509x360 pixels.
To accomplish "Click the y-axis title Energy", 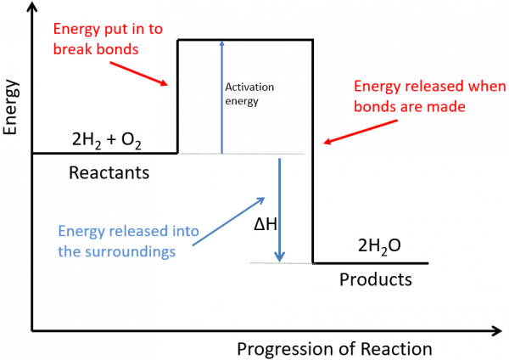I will [x=12, y=110].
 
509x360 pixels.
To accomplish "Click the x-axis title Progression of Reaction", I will [x=334, y=349].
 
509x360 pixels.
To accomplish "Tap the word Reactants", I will [x=109, y=173].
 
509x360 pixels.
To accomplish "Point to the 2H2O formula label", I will [x=379, y=247].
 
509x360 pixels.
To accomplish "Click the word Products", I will [x=375, y=279].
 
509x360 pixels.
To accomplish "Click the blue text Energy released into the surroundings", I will [x=118, y=240].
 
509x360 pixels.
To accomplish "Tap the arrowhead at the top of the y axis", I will [x=32, y=9].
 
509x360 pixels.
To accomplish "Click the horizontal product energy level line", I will [x=370, y=263].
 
